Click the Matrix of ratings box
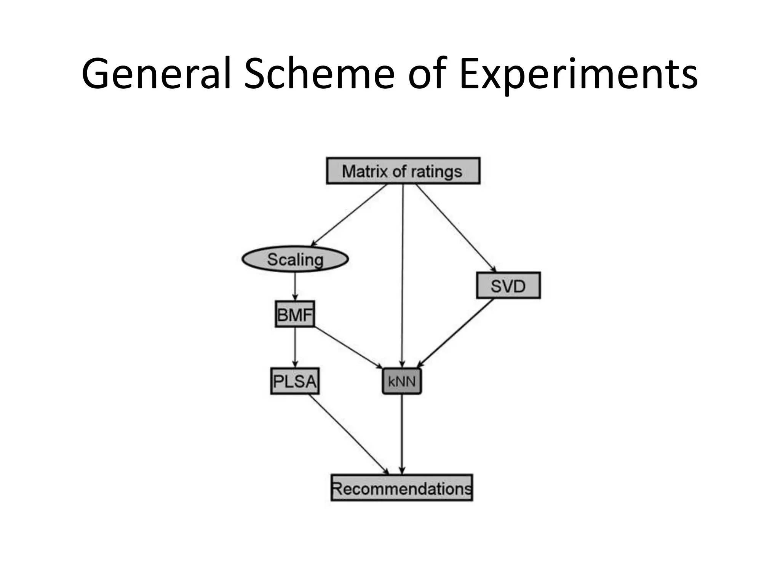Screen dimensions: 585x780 tap(403, 171)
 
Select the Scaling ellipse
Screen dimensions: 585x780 tap(295, 259)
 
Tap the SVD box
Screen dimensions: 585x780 tap(508, 285)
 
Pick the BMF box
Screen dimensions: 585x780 tap(295, 314)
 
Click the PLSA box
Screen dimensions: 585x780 tap(295, 381)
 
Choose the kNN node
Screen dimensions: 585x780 tap(402, 381)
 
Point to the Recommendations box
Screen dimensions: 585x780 tap(402, 488)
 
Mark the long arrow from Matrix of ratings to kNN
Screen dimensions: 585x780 tap(403, 274)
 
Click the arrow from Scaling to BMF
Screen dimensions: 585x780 tap(295, 286)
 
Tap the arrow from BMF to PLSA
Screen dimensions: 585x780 tap(295, 347)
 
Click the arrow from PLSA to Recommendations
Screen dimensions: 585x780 tap(348, 434)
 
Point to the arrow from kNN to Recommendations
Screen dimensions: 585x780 tap(402, 434)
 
